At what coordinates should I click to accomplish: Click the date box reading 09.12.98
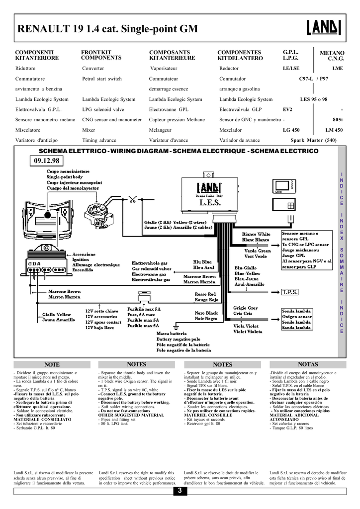pos(47,161)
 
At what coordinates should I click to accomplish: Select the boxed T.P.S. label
pos(289,292)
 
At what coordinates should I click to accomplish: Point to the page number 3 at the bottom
pos(180,491)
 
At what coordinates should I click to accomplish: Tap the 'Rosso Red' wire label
pos(205,294)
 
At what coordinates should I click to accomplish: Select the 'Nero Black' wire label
pos(206,313)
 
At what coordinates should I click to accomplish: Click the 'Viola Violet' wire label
pos(246,326)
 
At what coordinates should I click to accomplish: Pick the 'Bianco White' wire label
pos(256,234)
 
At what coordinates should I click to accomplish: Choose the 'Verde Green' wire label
pos(258,251)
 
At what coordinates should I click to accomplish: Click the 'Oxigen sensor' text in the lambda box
pos(297,316)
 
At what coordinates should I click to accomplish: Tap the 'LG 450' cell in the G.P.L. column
pos(291,130)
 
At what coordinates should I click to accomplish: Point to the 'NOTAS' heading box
pos(308,364)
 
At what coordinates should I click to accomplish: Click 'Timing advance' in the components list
pos(99,140)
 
